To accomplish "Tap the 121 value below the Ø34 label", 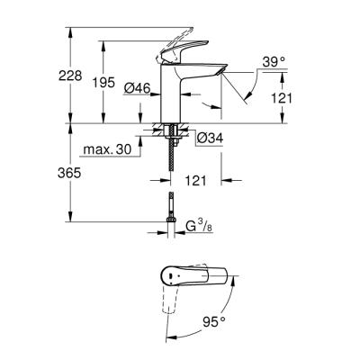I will coord(197,181).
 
